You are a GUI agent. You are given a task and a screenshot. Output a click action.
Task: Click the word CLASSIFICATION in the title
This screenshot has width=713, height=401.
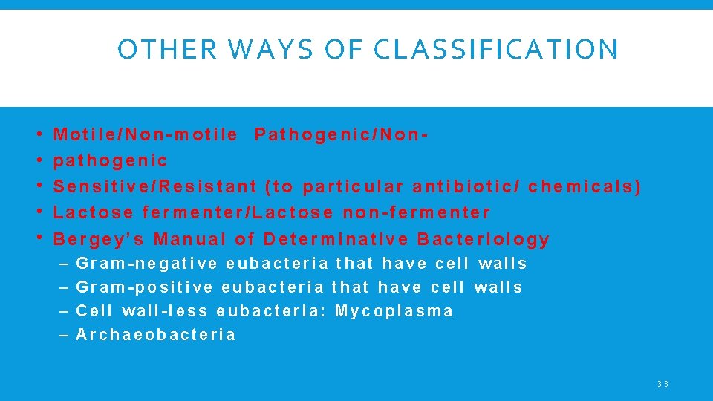(x=496, y=50)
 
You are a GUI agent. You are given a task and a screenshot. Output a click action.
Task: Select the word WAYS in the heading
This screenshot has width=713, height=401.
(x=253, y=50)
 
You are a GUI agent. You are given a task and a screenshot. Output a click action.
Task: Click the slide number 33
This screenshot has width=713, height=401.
(x=662, y=384)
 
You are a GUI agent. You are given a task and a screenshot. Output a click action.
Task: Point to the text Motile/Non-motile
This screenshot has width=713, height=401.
(x=146, y=134)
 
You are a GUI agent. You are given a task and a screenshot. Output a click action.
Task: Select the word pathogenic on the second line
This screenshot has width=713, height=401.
(x=111, y=160)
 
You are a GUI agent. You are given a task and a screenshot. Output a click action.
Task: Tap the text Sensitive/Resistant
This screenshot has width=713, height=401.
(x=155, y=186)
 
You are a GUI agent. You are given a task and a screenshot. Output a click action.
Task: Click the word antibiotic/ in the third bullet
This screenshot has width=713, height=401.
(x=466, y=186)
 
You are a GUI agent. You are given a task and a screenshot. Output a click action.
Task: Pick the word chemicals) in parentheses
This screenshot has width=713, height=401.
(x=585, y=186)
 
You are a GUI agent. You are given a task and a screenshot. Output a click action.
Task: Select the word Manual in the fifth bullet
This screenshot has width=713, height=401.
(x=190, y=239)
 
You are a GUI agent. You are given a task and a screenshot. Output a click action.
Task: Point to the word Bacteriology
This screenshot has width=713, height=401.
(x=484, y=239)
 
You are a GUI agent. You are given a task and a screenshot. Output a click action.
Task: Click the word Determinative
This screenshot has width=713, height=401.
(x=336, y=239)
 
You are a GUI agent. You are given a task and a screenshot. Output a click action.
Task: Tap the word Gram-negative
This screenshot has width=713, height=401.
(x=147, y=264)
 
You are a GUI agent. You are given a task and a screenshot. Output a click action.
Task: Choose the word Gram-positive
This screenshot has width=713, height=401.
(x=145, y=287)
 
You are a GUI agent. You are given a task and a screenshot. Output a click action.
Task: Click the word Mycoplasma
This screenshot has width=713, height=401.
(x=394, y=311)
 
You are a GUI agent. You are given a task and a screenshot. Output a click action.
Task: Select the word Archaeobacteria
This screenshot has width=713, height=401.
(x=156, y=335)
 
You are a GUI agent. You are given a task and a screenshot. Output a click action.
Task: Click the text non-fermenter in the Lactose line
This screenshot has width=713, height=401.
(x=417, y=212)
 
